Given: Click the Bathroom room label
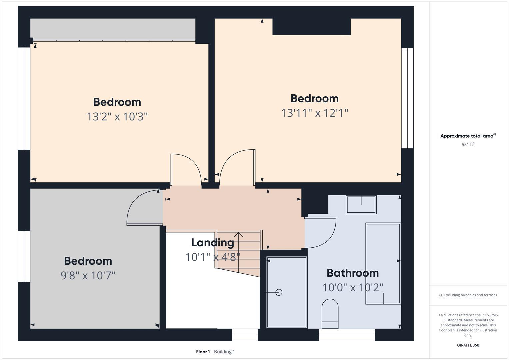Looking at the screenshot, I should coord(352,273).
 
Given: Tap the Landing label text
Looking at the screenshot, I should coord(212,243).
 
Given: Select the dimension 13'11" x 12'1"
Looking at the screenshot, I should coord(314,113).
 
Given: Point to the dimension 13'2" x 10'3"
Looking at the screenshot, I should coord(117,117).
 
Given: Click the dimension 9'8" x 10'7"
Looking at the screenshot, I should coord(88,276).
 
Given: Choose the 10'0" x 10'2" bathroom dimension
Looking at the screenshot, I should coord(352,287).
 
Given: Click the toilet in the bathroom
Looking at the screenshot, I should coord(330,313).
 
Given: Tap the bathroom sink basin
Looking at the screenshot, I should coord(361,205).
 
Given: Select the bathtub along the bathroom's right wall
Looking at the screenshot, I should coord(383,263).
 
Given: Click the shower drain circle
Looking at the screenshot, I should coord(279,292).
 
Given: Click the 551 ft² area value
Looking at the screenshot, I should coord(468,145).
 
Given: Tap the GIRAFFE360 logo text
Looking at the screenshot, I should coord(468,345).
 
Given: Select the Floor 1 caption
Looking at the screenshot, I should coord(203,352).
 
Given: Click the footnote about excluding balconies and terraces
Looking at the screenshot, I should coord(468,295).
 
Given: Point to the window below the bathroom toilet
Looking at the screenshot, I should coord(347,335).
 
